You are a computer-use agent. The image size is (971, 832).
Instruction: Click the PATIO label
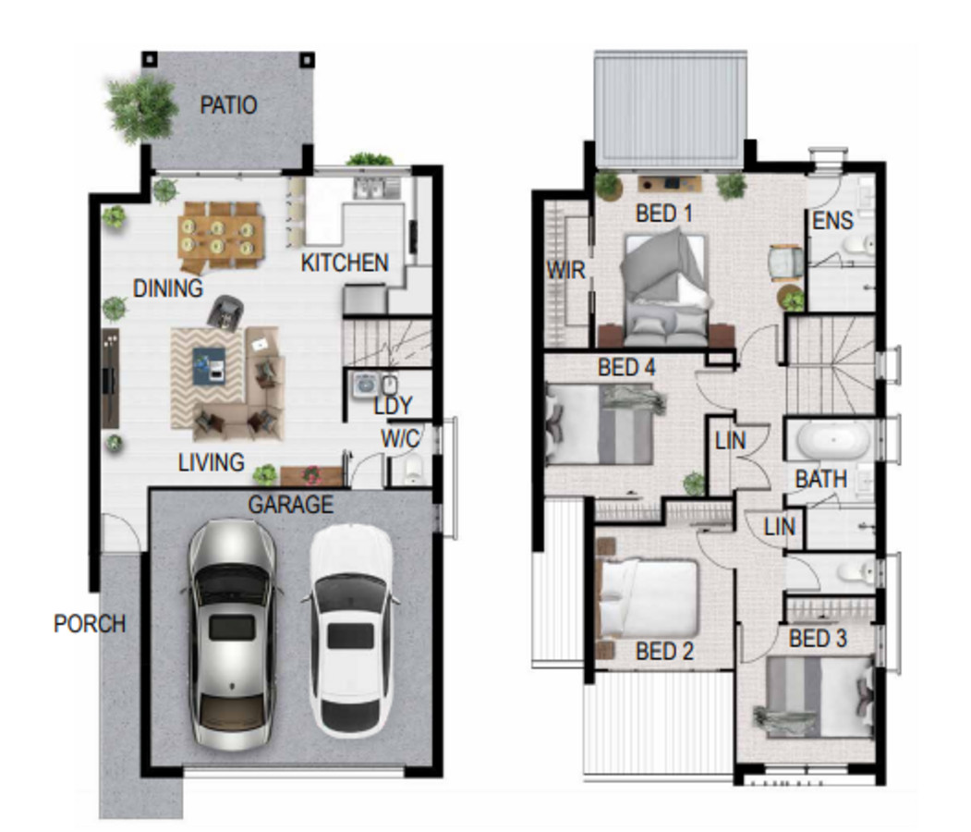pyautogui.click(x=228, y=104)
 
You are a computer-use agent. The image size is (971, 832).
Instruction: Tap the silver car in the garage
pyautogui.click(x=232, y=634)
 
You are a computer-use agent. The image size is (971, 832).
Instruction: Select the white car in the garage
pyautogui.click(x=350, y=630)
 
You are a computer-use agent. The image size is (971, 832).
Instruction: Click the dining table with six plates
pyautogui.click(x=221, y=236)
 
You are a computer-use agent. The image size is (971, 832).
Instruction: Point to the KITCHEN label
pyautogui.click(x=345, y=263)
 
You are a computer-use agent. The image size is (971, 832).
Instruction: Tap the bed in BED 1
pyautogui.click(x=666, y=288)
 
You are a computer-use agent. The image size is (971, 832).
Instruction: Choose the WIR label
pyautogui.click(x=565, y=270)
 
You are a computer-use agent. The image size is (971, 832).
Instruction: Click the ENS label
pyautogui.click(x=833, y=220)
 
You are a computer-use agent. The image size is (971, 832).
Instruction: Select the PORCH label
pyautogui.click(x=90, y=623)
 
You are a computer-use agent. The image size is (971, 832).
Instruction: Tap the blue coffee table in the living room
pyautogui.click(x=210, y=366)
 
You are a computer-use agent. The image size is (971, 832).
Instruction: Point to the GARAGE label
pyautogui.click(x=290, y=504)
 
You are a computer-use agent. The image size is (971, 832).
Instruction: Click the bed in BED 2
pyautogui.click(x=648, y=598)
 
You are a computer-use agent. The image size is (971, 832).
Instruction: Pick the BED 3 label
pyautogui.click(x=818, y=638)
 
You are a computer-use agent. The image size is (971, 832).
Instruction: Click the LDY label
pyautogui.click(x=394, y=406)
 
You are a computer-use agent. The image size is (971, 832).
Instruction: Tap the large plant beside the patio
pyautogui.click(x=141, y=108)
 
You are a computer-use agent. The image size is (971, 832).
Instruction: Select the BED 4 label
pyautogui.click(x=626, y=367)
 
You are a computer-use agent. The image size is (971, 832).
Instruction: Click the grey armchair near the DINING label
pyautogui.click(x=225, y=312)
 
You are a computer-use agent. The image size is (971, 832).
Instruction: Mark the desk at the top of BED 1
pyautogui.click(x=670, y=183)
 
